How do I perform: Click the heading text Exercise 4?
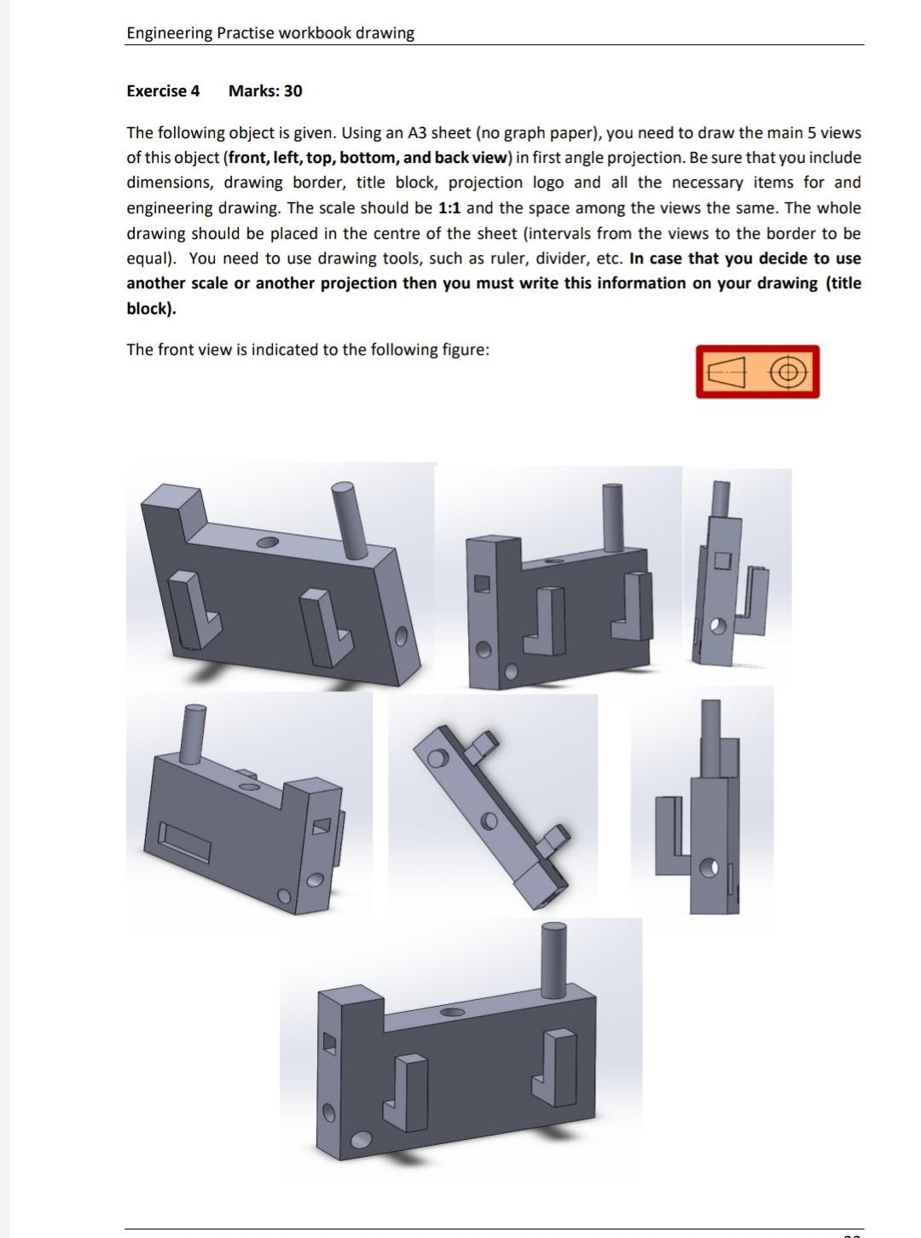click(x=163, y=91)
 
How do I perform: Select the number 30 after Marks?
click(x=292, y=91)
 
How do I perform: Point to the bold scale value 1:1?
click(x=449, y=208)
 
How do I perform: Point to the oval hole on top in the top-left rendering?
click(x=267, y=543)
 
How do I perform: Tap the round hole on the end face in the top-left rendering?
click(x=401, y=636)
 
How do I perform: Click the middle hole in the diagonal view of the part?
click(x=489, y=821)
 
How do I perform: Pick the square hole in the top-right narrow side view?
click(x=722, y=561)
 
